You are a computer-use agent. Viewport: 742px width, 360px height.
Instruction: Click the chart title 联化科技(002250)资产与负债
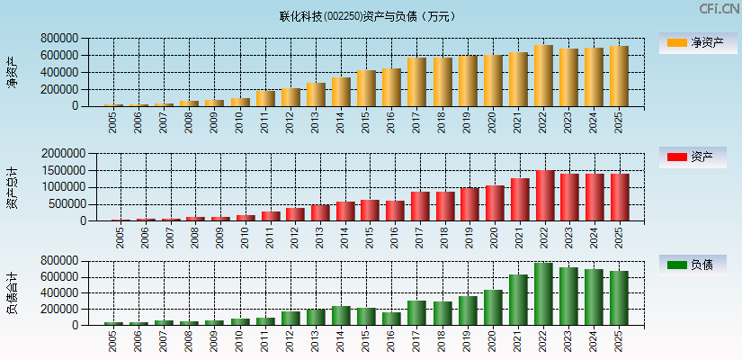pos(367,16)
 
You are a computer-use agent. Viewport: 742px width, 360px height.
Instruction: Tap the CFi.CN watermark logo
pos(719,9)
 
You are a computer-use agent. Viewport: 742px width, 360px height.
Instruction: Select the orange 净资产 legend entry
pos(693,42)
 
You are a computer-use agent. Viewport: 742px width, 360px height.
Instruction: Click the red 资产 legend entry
pos(693,157)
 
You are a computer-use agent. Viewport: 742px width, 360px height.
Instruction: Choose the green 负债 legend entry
pos(693,265)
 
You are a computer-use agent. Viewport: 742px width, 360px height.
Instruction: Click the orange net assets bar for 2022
pos(543,76)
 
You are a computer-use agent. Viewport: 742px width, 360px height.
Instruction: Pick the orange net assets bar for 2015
pos(366,88)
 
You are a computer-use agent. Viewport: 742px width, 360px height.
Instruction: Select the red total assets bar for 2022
pos(545,196)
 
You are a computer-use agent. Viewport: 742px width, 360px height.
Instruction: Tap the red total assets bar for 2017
pos(420,206)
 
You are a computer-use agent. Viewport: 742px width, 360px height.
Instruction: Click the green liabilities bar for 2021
pos(518,300)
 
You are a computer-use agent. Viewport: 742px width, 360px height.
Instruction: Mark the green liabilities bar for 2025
pos(619,298)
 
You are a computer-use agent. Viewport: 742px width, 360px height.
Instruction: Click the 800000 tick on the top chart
pos(58,39)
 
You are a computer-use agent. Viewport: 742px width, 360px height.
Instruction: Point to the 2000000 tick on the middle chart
pos(62,154)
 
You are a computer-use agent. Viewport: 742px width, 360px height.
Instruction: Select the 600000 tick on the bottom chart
pos(58,277)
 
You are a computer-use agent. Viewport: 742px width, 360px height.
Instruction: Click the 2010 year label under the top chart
pos(239,122)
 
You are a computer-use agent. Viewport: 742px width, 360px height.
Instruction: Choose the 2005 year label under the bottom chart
pos(113,341)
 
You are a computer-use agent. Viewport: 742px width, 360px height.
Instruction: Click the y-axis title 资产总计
pos(12,188)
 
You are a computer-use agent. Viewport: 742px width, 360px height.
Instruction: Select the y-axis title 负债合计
pos(12,292)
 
